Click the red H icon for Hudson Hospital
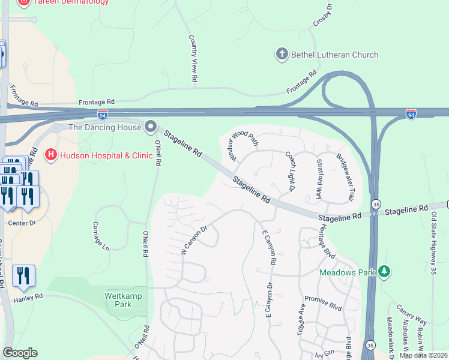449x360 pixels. (x=50, y=155)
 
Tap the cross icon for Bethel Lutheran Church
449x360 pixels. (x=282, y=55)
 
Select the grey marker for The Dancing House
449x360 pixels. (x=150, y=127)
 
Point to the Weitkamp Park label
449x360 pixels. (x=118, y=300)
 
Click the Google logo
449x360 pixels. (x=20, y=353)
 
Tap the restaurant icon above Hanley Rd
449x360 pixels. (x=23, y=276)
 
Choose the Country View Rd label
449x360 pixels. (x=193, y=58)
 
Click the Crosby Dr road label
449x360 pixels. (x=322, y=14)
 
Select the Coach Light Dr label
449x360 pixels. (x=289, y=172)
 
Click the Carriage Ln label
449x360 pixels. (x=101, y=236)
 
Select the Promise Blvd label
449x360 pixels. (x=323, y=304)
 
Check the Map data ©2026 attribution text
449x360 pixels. (x=424, y=355)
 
